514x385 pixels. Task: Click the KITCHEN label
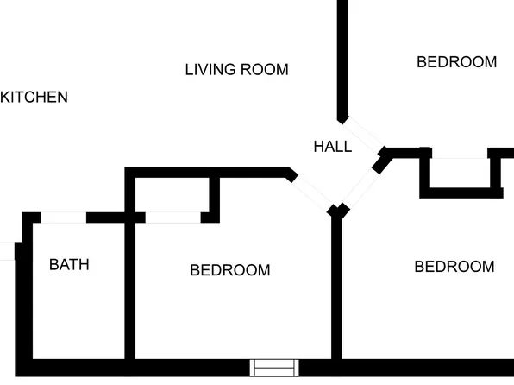(34, 98)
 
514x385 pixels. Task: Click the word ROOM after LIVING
(265, 70)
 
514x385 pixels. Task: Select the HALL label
(333, 147)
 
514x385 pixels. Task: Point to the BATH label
(69, 264)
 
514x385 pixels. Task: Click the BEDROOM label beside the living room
(456, 62)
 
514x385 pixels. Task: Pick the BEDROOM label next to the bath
(230, 270)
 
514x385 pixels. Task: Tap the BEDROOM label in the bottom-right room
(454, 267)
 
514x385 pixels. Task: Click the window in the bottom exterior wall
(274, 368)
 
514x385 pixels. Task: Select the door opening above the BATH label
(64, 218)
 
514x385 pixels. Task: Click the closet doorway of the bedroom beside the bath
(173, 218)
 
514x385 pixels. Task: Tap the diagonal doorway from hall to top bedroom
(363, 135)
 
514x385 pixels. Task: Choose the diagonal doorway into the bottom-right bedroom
(360, 187)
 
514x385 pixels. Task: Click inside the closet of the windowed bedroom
(172, 195)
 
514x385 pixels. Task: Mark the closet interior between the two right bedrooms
(461, 174)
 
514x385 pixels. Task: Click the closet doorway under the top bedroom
(460, 153)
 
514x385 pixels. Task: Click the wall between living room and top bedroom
(342, 60)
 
